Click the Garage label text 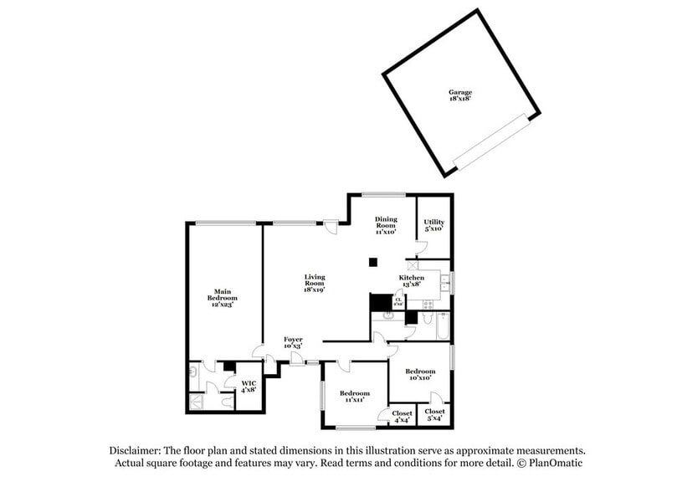point(459,95)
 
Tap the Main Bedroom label point(222,298)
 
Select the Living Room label point(314,283)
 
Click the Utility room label point(433,224)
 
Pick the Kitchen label point(411,280)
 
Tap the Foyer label point(293,342)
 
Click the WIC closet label point(249,387)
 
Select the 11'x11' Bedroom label point(355,397)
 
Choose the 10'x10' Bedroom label point(420,374)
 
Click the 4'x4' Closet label point(402,416)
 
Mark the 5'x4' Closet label point(434,414)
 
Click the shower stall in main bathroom point(195,401)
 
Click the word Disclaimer point(136,450)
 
